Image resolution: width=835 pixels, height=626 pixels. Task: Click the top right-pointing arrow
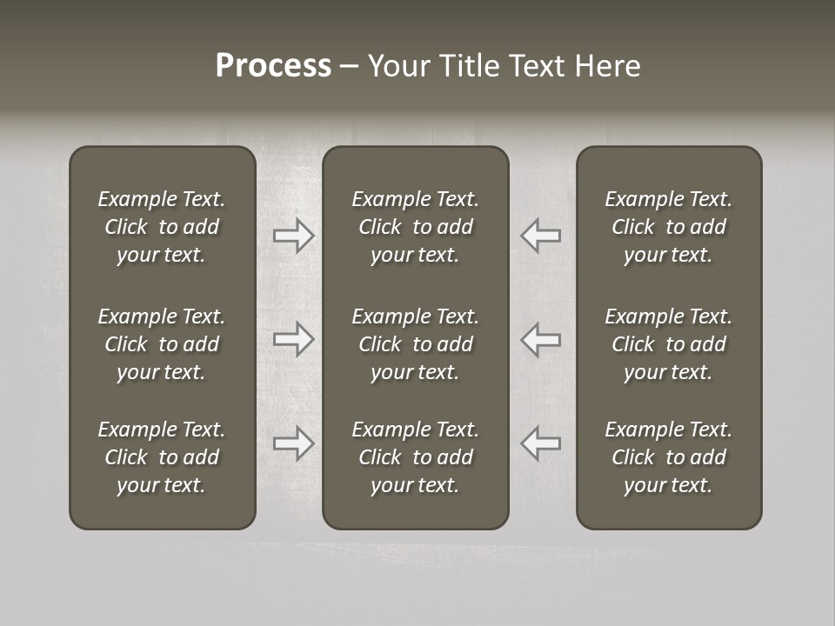click(293, 235)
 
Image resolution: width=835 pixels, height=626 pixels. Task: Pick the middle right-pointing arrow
click(293, 339)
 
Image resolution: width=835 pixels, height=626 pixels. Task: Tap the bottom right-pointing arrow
click(293, 443)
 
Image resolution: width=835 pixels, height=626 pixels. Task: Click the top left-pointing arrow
click(540, 235)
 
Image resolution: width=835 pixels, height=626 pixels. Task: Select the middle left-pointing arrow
click(540, 339)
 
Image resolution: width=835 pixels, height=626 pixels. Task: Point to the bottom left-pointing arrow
click(540, 443)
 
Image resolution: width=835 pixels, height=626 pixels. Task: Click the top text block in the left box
click(162, 227)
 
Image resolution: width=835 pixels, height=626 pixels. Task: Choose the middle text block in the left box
click(162, 344)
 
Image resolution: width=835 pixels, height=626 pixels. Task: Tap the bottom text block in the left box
click(162, 457)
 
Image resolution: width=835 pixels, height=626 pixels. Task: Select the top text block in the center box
click(415, 227)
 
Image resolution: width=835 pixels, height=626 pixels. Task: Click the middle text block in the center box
click(415, 344)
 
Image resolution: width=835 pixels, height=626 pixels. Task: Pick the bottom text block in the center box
click(415, 457)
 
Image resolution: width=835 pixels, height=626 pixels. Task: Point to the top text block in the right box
click(668, 227)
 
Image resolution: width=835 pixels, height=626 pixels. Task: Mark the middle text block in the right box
click(668, 344)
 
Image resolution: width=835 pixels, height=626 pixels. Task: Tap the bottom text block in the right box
click(668, 457)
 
